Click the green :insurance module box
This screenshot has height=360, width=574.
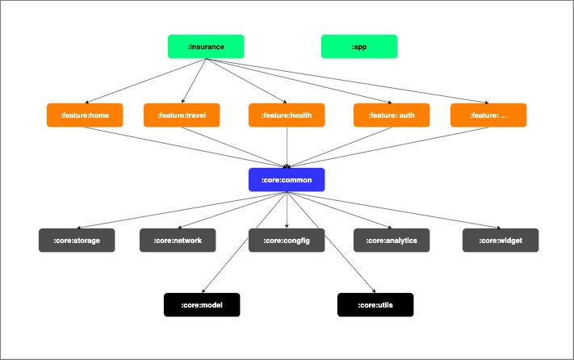click(206, 47)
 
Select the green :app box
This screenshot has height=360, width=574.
click(359, 47)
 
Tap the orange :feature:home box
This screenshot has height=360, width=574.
click(85, 115)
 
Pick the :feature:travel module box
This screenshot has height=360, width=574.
click(182, 115)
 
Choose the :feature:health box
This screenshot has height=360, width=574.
click(287, 115)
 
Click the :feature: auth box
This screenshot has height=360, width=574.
click(392, 115)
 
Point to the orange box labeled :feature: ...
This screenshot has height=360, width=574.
click(488, 115)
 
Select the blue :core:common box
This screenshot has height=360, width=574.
click(287, 180)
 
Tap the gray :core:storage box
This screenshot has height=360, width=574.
click(77, 241)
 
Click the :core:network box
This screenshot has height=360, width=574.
click(178, 241)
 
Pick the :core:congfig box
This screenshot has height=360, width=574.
click(287, 241)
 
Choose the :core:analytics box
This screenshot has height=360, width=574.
click(392, 241)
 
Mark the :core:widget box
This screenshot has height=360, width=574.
click(501, 241)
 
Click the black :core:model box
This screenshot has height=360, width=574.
click(202, 305)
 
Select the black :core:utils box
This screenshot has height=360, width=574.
click(375, 305)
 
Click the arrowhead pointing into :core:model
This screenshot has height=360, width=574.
click(203, 291)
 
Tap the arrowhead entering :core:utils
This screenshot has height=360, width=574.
click(374, 291)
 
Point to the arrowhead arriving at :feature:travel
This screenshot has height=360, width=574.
click(182, 102)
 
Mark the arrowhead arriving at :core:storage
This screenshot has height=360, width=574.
click(79, 228)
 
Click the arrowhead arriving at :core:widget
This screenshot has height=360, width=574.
click(498, 228)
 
